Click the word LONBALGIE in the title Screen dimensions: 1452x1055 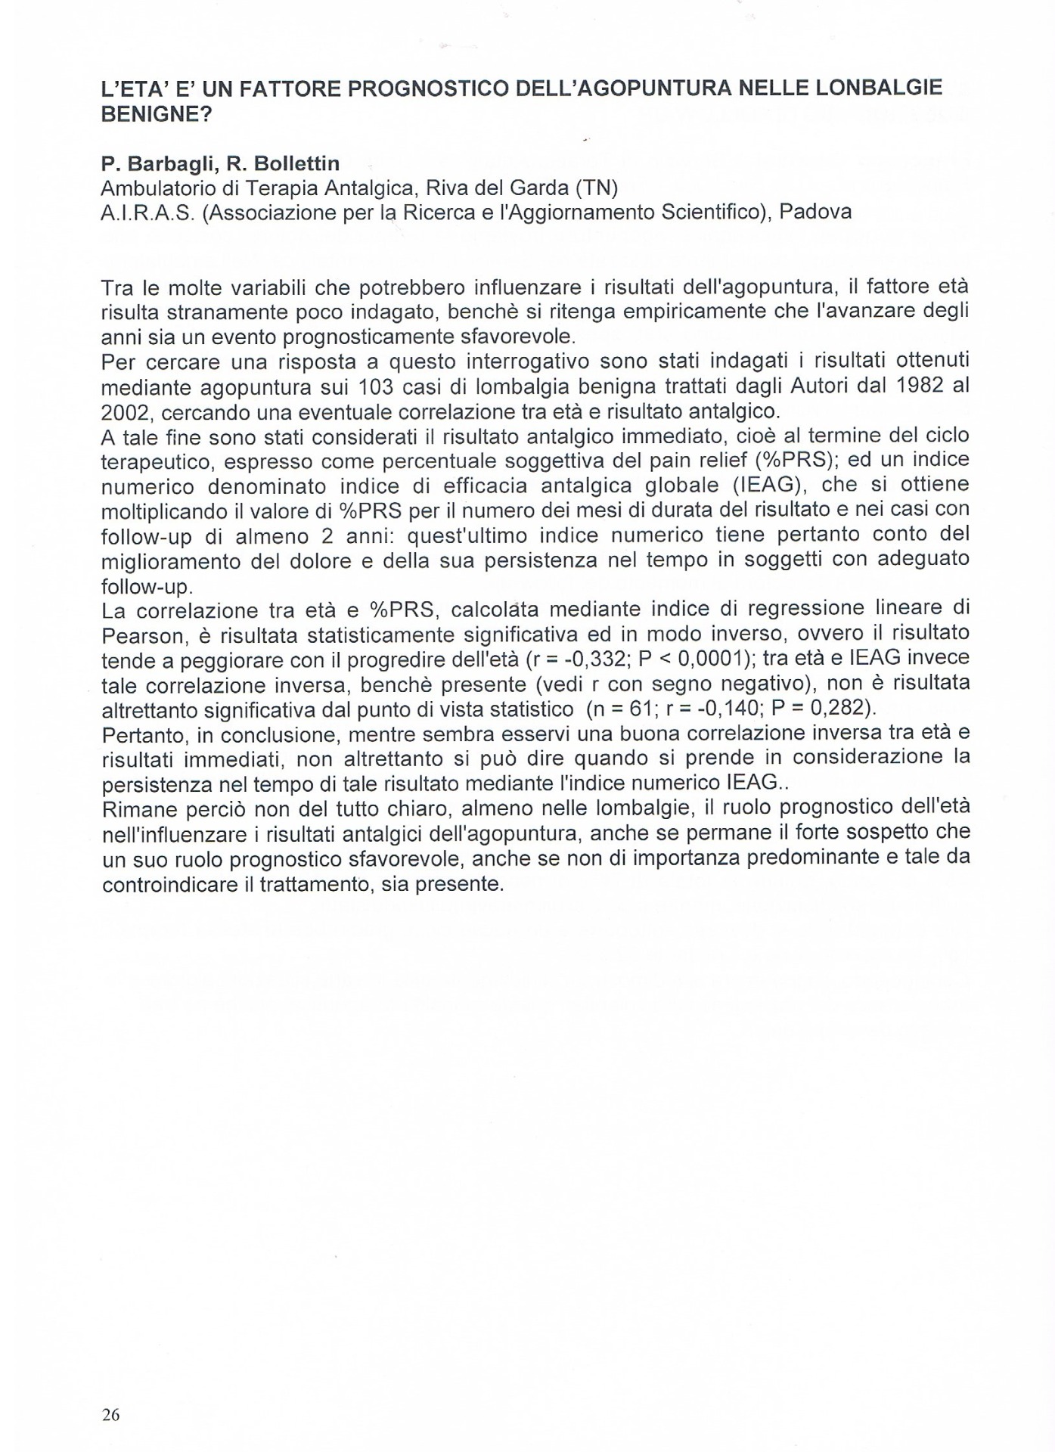point(880,88)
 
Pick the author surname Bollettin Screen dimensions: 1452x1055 point(288,163)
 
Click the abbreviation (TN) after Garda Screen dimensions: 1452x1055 point(597,188)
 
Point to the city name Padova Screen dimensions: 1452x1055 point(815,212)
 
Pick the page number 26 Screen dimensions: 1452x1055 point(110,1415)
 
